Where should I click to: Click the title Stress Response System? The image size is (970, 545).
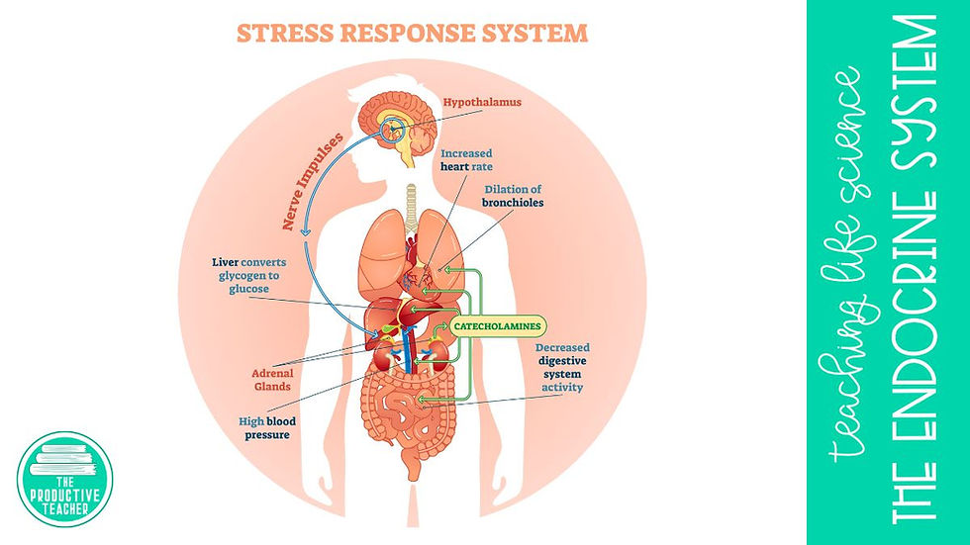[x=412, y=33]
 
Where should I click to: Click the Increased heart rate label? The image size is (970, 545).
[x=466, y=160]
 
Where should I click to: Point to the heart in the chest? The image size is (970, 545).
[x=418, y=259]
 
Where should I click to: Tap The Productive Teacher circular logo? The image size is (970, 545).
[x=64, y=480]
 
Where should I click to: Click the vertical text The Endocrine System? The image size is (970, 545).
[x=921, y=272]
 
